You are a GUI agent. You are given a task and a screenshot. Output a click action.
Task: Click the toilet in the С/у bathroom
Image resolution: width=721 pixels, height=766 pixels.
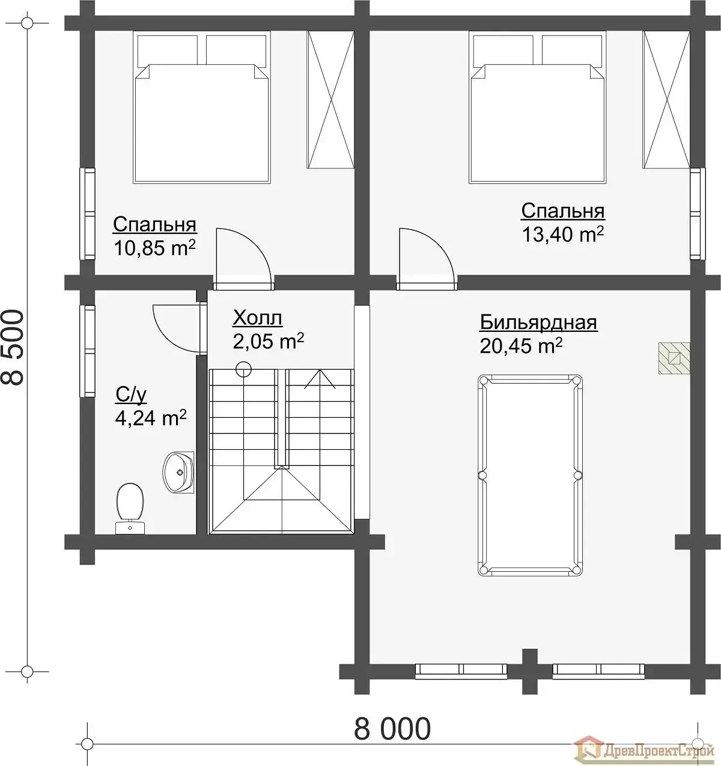coord(130,509)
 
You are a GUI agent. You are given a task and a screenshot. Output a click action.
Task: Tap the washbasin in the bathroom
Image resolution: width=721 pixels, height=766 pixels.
coord(178,472)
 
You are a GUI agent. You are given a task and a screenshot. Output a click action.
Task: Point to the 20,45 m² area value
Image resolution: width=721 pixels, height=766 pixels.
coord(521,346)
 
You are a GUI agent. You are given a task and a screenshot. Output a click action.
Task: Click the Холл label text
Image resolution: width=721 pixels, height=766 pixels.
coord(257,318)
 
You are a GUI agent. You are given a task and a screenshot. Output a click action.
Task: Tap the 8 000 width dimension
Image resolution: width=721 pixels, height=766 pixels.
coord(392,729)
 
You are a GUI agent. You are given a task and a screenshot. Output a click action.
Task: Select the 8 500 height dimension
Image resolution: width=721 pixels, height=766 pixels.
coord(13,347)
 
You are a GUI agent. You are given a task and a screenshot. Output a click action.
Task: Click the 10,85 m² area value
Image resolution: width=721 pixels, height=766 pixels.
coord(155,248)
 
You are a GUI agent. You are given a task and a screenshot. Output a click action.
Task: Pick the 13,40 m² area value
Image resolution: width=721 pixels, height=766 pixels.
coord(562,234)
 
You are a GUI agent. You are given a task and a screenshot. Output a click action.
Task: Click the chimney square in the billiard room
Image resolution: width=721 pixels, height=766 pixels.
coord(674,358)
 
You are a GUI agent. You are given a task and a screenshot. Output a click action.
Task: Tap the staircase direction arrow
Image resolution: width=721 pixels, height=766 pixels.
coord(320,379)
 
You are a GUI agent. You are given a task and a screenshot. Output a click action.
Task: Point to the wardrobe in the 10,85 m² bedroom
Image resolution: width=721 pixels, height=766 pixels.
coord(330,100)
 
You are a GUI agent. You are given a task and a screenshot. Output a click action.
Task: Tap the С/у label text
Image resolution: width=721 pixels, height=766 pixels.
coord(131,394)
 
